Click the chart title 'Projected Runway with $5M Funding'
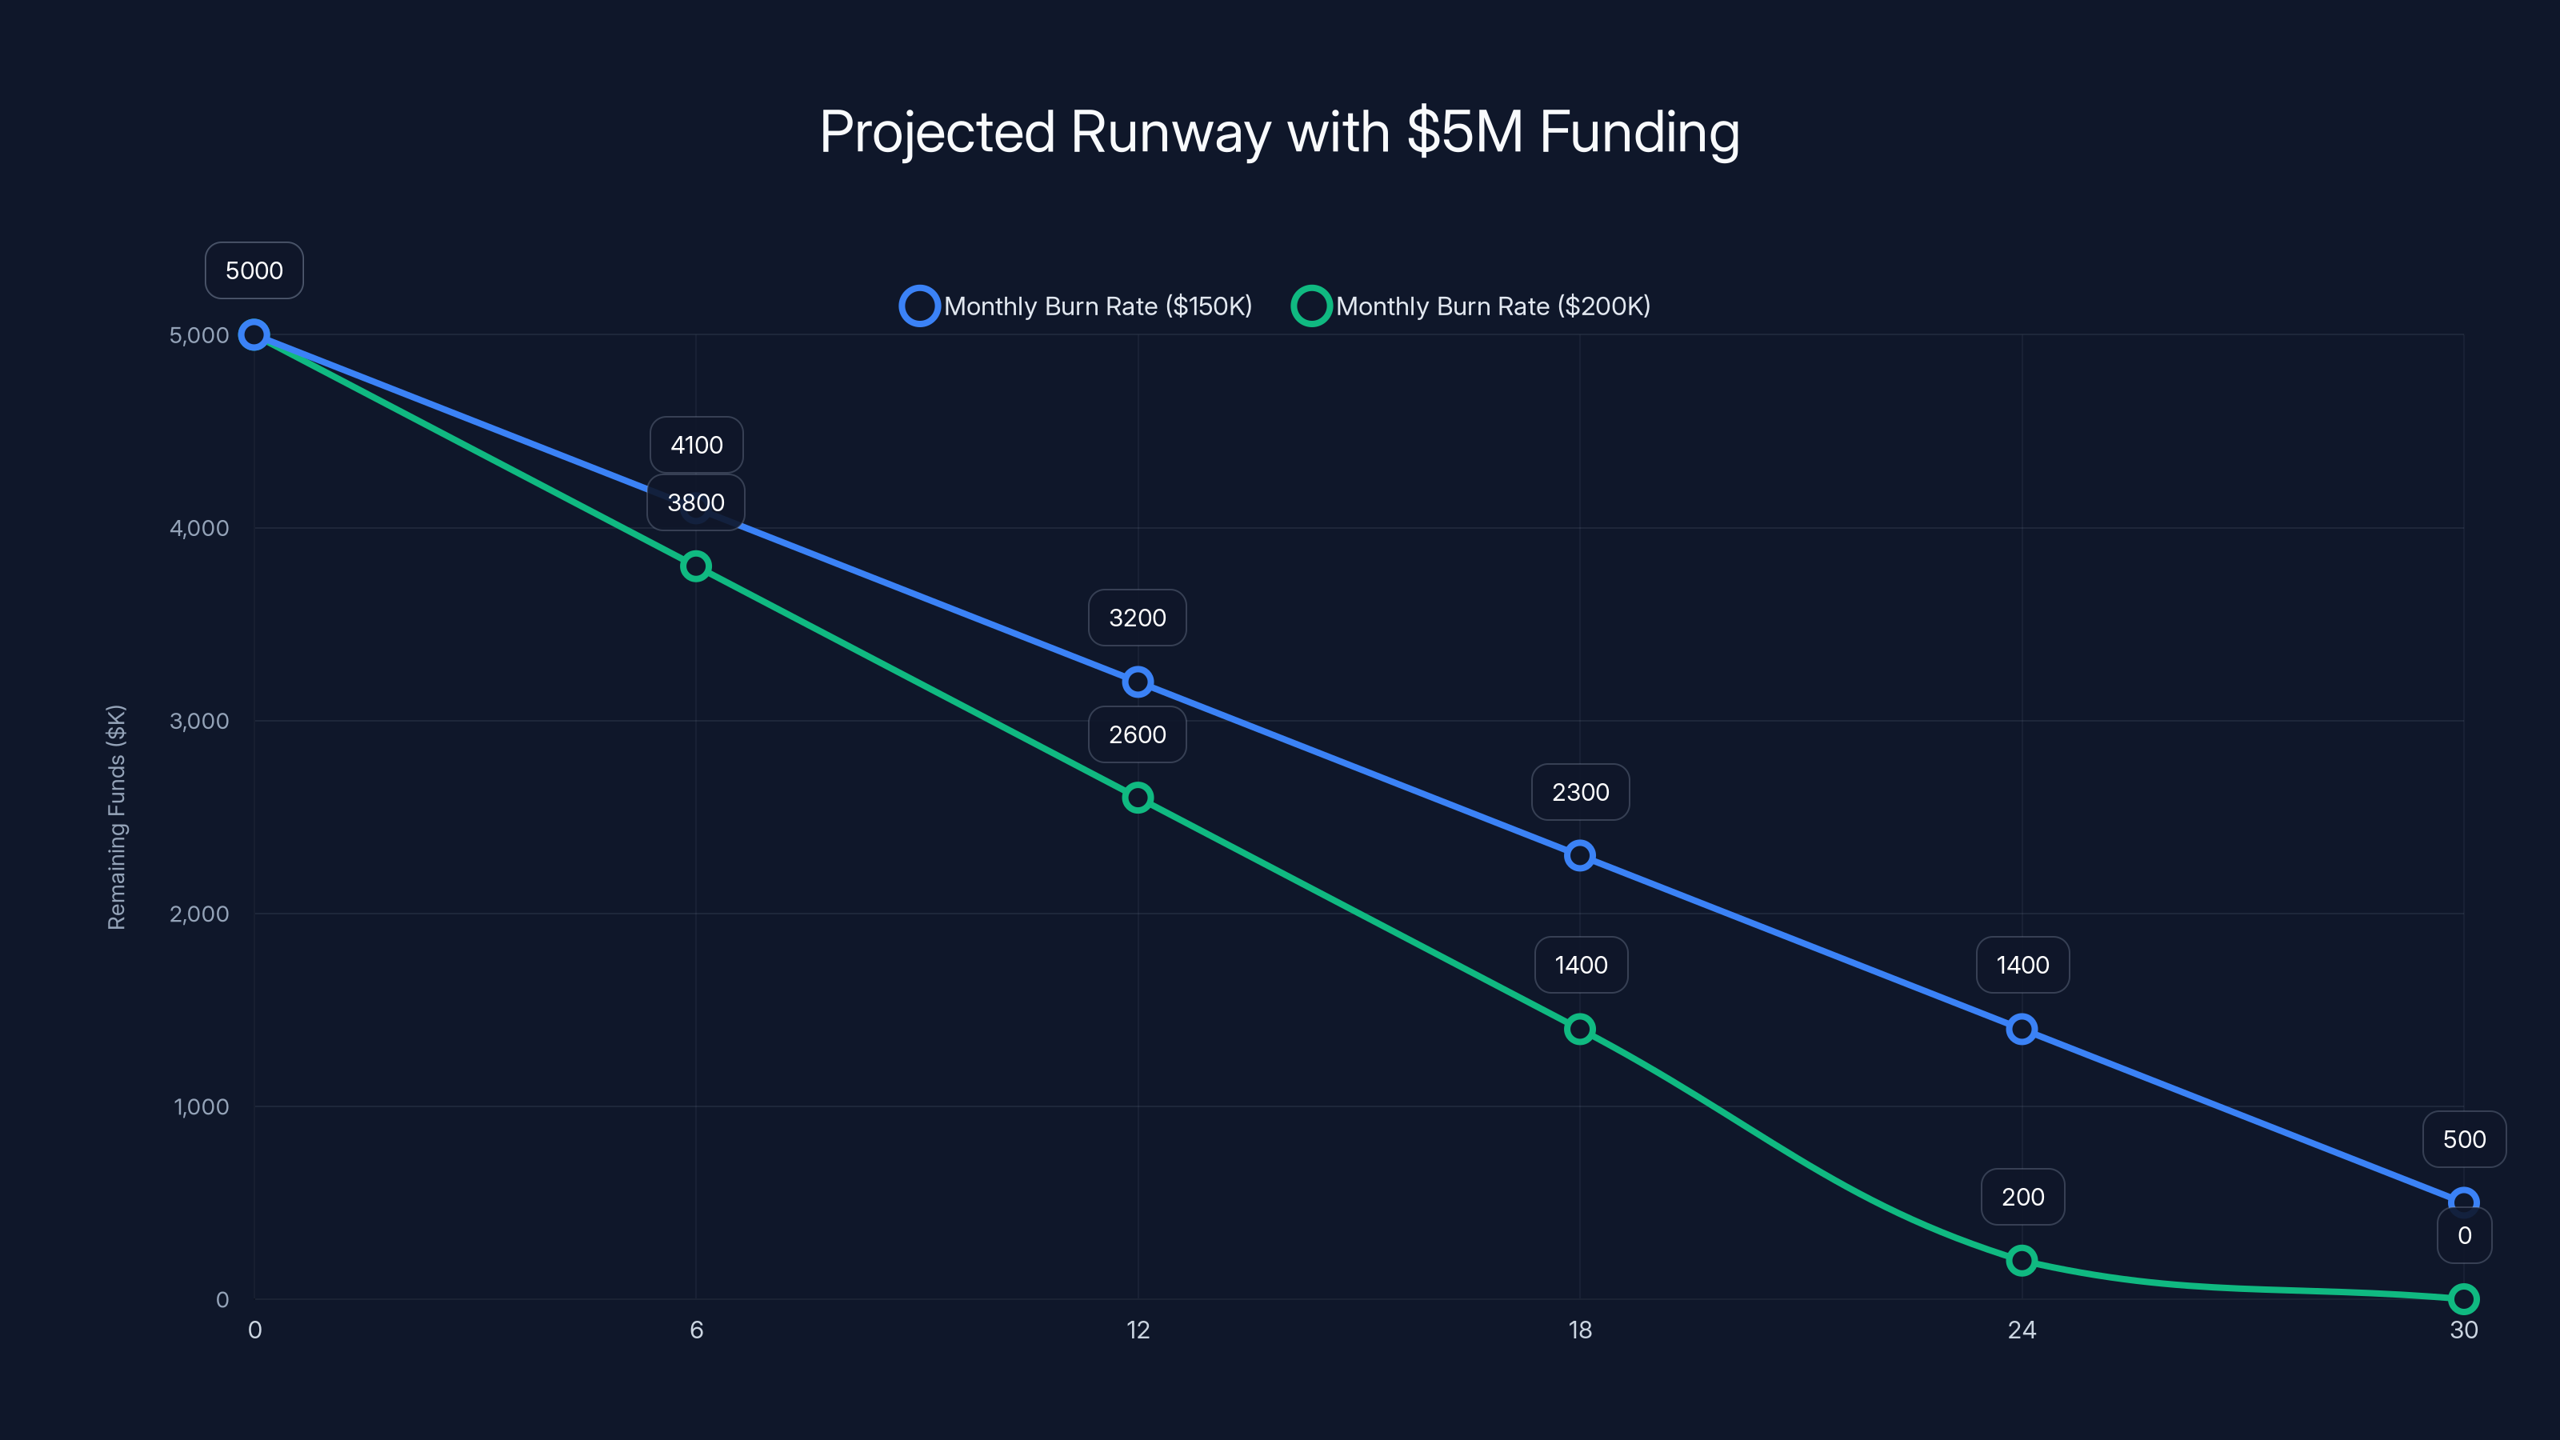click(1279, 132)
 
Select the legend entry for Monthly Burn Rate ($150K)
click(1076, 306)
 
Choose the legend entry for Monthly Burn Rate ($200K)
click(1472, 306)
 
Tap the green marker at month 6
click(696, 566)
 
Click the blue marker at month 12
click(1138, 682)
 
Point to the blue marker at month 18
click(1580, 856)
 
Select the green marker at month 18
click(1580, 1030)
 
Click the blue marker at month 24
click(2022, 1030)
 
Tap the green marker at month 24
click(2022, 1261)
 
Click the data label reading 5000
click(254, 270)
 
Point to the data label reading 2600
click(1138, 734)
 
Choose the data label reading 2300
click(1580, 792)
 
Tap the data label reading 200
click(2022, 1197)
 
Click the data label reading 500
click(2464, 1139)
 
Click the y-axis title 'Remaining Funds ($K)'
click(116, 817)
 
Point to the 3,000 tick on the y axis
click(198, 721)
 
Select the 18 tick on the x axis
click(1580, 1330)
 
